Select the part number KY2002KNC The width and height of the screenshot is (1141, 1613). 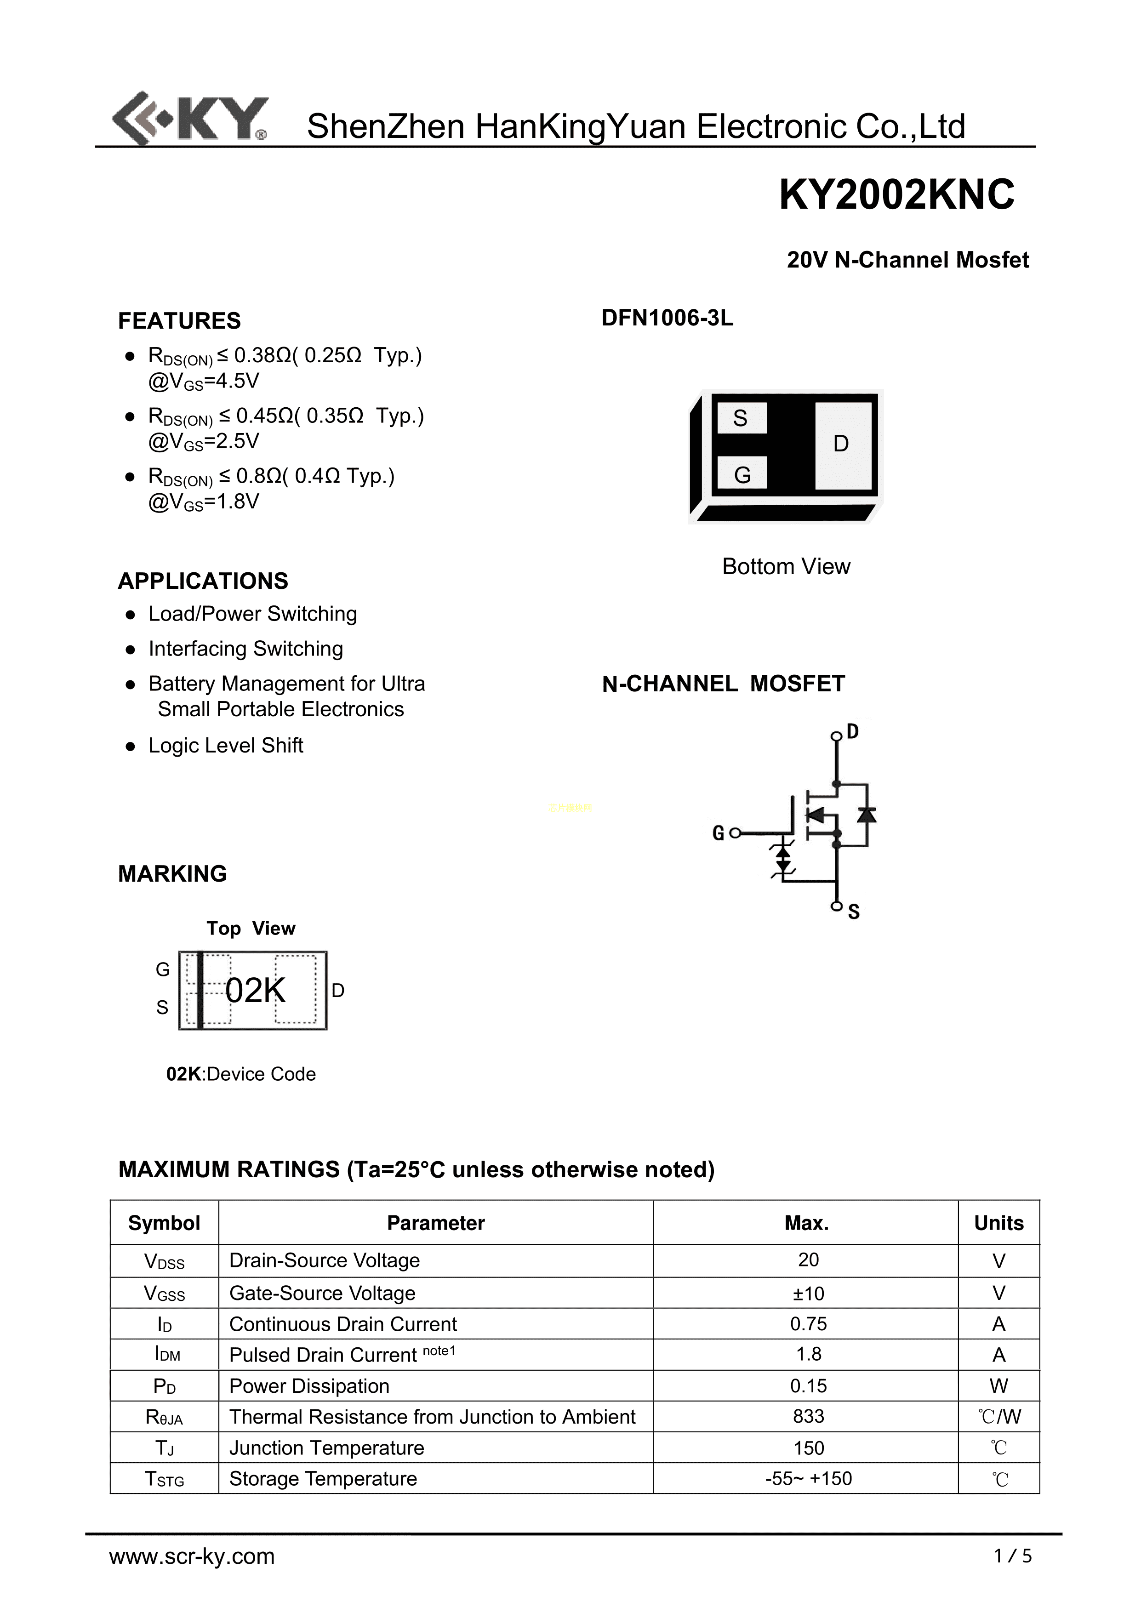[896, 194]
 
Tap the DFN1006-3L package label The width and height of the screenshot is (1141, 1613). [667, 318]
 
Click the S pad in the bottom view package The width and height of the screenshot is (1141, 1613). [740, 419]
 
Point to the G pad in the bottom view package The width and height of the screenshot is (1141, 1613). [742, 475]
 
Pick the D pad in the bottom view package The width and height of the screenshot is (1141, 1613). [842, 444]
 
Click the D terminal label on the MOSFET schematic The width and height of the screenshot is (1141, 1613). [852, 732]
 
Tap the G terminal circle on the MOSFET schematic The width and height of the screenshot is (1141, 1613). [735, 833]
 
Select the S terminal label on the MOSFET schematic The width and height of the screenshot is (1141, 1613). [854, 912]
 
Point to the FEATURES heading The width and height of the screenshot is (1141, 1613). [179, 321]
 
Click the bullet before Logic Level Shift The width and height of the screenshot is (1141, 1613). [130, 747]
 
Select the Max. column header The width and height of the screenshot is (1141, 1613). [807, 1223]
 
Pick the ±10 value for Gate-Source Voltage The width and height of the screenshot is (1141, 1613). [808, 1294]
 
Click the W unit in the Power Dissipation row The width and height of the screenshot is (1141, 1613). [998, 1385]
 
